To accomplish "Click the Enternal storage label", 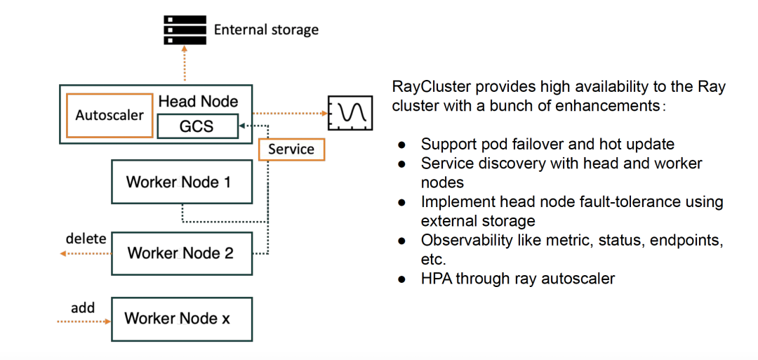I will [266, 29].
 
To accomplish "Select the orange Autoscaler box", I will [109, 115].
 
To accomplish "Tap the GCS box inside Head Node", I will [197, 127].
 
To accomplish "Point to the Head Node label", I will [198, 102].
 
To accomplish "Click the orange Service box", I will [291, 149].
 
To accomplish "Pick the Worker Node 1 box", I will [182, 182].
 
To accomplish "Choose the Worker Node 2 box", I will [182, 253].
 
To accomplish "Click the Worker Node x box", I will [182, 319].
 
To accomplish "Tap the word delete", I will [86, 239].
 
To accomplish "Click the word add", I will [83, 308].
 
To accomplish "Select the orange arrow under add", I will [85, 322].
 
